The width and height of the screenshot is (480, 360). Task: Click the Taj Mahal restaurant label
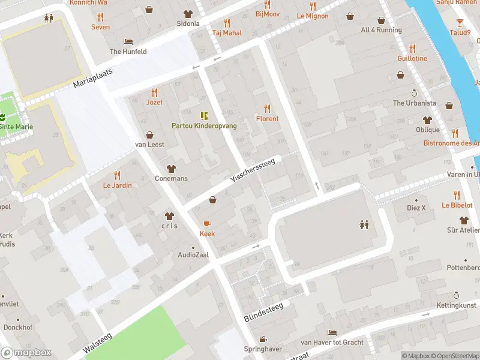227,33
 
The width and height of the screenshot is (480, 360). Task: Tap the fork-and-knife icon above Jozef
154,92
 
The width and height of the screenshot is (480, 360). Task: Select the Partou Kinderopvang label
204,125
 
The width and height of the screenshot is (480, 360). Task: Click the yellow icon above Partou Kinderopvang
204,115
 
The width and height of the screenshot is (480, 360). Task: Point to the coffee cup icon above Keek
207,224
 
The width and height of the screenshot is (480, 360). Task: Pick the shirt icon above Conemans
171,169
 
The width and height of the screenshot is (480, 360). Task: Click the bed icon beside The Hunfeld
128,41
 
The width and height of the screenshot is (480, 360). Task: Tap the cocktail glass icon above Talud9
460,23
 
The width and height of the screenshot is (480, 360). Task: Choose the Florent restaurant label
267,118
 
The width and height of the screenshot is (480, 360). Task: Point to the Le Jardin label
117,185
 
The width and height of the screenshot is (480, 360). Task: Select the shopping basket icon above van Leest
149,135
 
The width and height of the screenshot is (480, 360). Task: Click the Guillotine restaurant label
412,58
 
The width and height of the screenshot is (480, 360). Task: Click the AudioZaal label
193,254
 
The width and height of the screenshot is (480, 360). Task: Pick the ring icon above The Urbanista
414,93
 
